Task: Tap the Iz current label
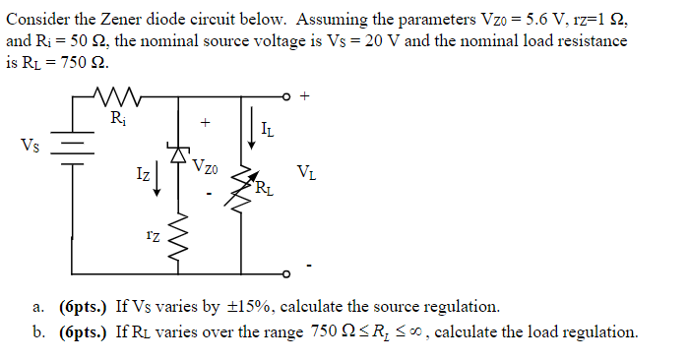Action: click(143, 175)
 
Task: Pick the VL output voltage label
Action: click(307, 173)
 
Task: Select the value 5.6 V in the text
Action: click(532, 18)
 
